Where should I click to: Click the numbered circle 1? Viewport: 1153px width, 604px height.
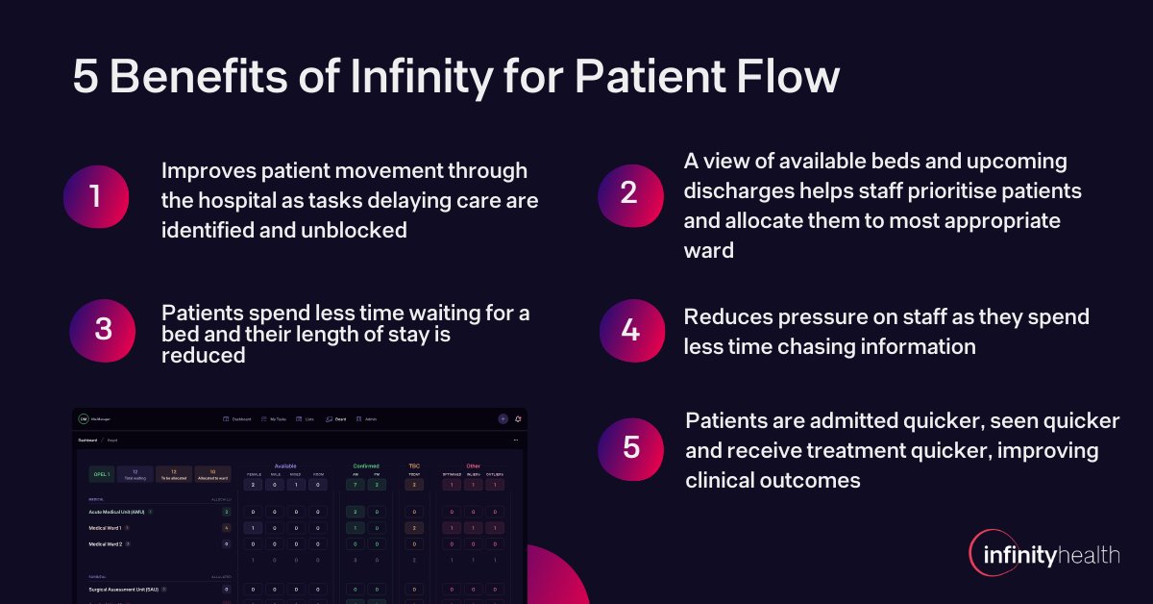pos(95,197)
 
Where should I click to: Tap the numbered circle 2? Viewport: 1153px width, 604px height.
pos(629,193)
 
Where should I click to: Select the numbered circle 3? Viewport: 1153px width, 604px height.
pos(101,330)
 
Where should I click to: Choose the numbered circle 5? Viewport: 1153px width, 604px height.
pos(630,447)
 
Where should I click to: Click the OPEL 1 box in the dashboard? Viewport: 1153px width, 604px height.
pos(102,473)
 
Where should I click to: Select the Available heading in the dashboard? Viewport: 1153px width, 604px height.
pos(285,466)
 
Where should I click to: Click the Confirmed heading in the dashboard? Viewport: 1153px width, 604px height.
pos(366,466)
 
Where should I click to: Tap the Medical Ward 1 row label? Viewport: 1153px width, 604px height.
pos(109,528)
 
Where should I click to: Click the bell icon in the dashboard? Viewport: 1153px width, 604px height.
pos(518,418)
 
